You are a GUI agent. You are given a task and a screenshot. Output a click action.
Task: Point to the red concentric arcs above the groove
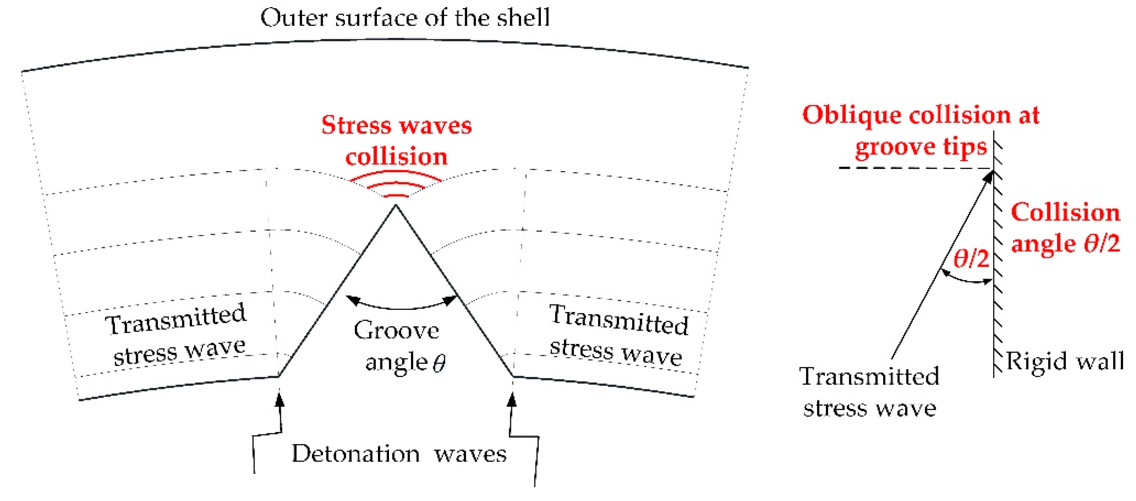pyautogui.click(x=396, y=185)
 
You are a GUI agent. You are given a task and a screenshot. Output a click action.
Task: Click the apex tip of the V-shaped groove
pyautogui.click(x=396, y=205)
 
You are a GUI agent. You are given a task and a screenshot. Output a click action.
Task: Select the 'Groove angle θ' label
pyautogui.click(x=399, y=347)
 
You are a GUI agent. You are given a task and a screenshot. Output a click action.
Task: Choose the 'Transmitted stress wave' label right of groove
pyautogui.click(x=617, y=336)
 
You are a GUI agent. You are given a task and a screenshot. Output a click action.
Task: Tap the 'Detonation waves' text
pyautogui.click(x=399, y=454)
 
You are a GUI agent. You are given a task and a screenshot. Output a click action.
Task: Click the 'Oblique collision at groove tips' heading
pyautogui.click(x=921, y=131)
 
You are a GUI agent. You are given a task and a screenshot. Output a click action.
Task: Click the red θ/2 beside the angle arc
pyautogui.click(x=971, y=259)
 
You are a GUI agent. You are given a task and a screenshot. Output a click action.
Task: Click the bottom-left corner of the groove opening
pyautogui.click(x=279, y=376)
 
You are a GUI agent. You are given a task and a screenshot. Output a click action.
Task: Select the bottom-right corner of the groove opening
pyautogui.click(x=513, y=376)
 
